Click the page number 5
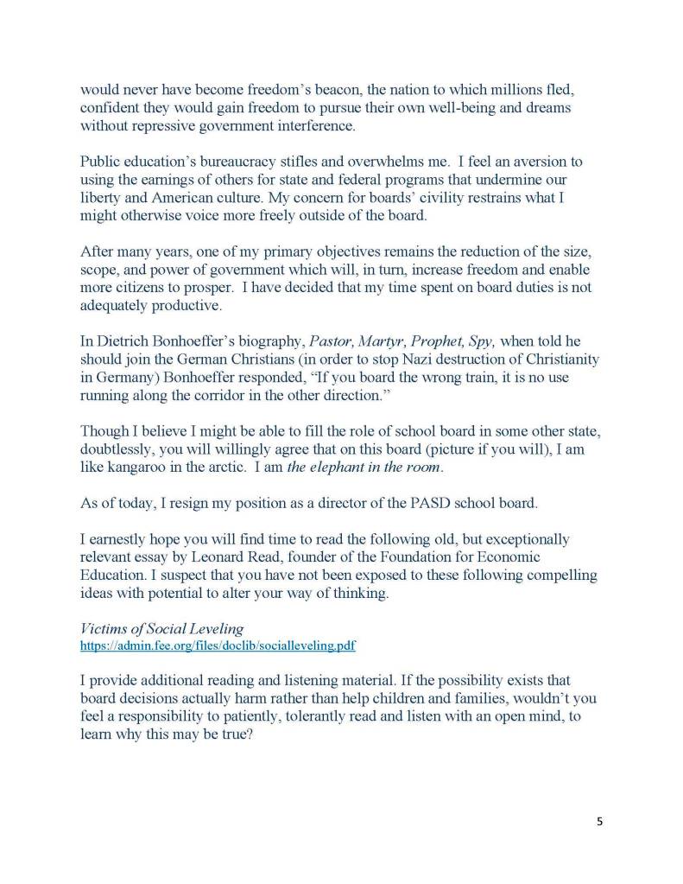[x=599, y=821]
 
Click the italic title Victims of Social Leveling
[x=152, y=629]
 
